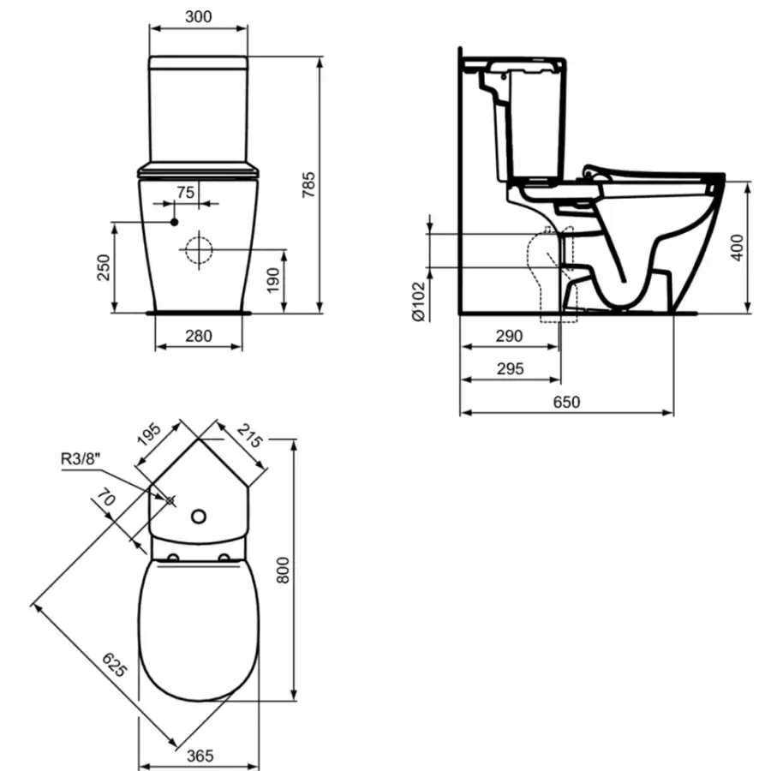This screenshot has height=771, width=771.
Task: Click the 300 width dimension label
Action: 199,17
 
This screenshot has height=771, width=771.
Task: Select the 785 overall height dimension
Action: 308,185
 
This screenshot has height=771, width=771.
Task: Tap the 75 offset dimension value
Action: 186,192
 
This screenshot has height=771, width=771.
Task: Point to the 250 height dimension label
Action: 104,267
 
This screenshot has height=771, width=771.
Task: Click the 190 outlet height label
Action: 273,280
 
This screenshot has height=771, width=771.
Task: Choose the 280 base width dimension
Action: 199,337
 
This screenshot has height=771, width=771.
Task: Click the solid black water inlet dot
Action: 174,222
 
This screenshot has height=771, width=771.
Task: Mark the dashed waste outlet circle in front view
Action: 199,250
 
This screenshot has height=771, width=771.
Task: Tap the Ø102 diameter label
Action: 418,302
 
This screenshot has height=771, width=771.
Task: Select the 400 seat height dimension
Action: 737,248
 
